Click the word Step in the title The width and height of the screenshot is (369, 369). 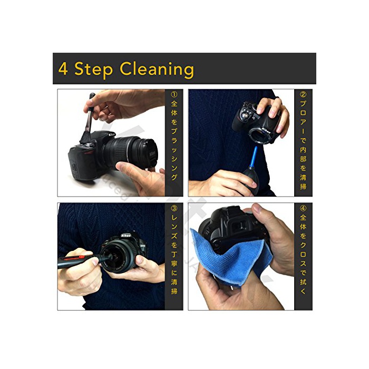pos(93,70)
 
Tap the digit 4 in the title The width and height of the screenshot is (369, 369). pos(63,69)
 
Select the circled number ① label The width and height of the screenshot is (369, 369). pos(174,94)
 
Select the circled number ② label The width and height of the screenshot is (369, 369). pos(303,94)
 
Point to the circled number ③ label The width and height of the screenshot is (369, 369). pos(174,209)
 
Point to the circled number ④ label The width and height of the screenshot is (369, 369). pos(303,209)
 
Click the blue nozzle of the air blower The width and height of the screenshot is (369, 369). pos(254,157)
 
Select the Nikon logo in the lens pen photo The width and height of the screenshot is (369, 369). pos(125,235)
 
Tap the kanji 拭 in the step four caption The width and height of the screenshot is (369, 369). pos(303,281)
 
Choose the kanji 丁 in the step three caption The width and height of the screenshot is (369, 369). pos(174,254)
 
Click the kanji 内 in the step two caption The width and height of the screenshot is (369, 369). pos(303,150)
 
